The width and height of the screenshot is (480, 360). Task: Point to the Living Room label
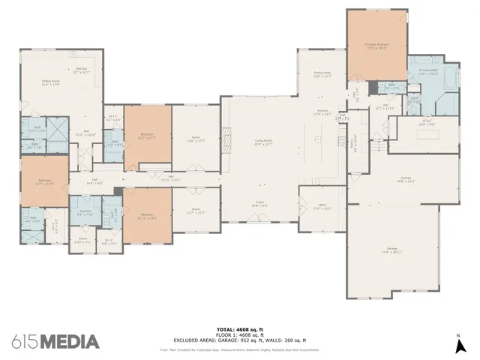[263, 142]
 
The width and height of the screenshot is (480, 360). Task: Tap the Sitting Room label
[51, 83]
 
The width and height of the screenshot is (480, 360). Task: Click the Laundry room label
[85, 213]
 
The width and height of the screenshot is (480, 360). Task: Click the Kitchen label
[322, 112]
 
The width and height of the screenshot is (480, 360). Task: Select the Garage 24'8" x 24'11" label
[391, 250]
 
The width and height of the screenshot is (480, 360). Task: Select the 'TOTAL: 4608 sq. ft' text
[239, 328]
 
